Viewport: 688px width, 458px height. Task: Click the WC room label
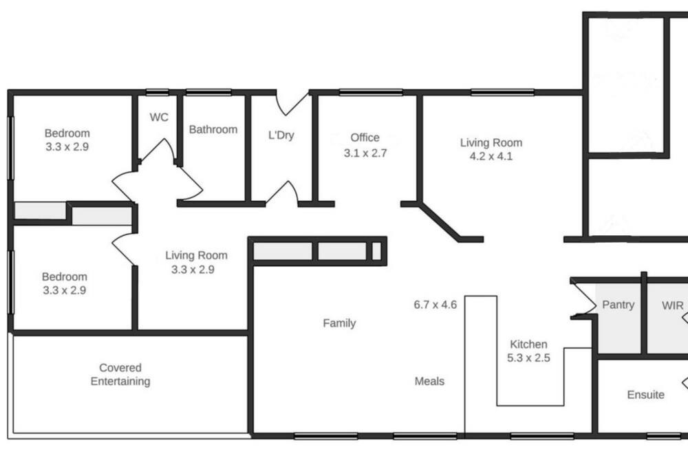pyautogui.click(x=159, y=117)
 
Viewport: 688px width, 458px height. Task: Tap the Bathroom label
pyautogui.click(x=213, y=129)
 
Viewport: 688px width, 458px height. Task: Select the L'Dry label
pyautogui.click(x=281, y=135)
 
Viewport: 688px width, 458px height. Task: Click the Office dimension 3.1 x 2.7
pyautogui.click(x=365, y=153)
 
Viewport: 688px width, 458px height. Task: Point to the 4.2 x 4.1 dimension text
pyautogui.click(x=491, y=156)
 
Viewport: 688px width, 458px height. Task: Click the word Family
pyautogui.click(x=339, y=323)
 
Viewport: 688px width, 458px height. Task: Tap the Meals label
pyautogui.click(x=429, y=381)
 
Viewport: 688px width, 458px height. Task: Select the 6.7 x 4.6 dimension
pyautogui.click(x=436, y=305)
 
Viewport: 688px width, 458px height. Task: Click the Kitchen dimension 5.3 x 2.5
pyautogui.click(x=528, y=358)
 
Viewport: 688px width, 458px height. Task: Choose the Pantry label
pyautogui.click(x=619, y=305)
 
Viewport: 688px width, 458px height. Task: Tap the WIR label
pyautogui.click(x=673, y=305)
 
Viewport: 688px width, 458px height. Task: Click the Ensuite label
pyautogui.click(x=645, y=395)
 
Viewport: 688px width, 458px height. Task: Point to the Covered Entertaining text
pyautogui.click(x=120, y=374)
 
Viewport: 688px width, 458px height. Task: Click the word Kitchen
pyautogui.click(x=528, y=345)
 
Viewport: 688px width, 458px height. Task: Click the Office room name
pyautogui.click(x=365, y=138)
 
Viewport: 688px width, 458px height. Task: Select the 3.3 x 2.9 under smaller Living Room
pyautogui.click(x=193, y=270)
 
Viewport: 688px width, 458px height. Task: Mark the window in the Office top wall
pyautogui.click(x=371, y=92)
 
